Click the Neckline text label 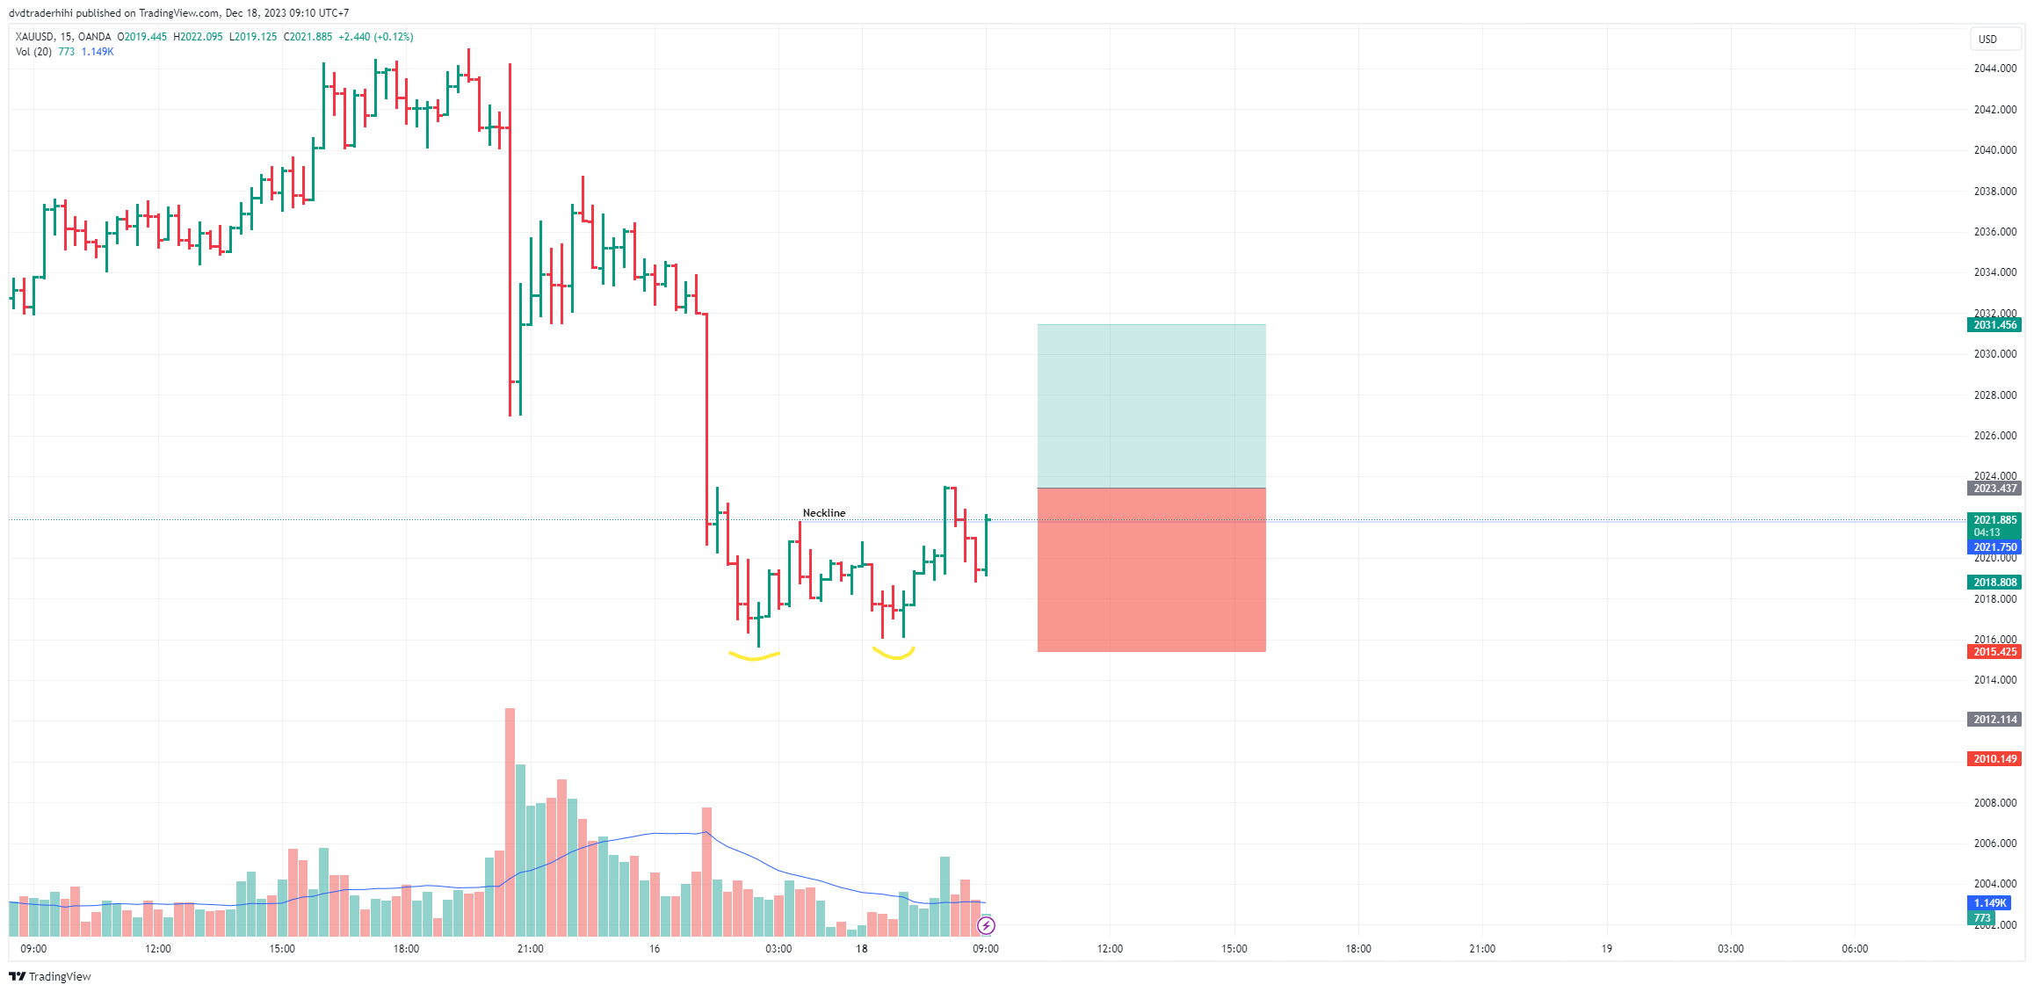(823, 513)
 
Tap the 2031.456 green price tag (1994, 325)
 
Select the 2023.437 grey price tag (1994, 489)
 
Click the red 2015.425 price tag (1994, 652)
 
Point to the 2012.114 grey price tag (1994, 720)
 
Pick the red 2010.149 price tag (1994, 759)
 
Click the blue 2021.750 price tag (1994, 547)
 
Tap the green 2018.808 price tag (1994, 583)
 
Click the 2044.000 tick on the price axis (1994, 69)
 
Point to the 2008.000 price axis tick (1994, 803)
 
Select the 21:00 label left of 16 (530, 949)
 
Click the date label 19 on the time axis (1606, 949)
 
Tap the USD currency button (1987, 40)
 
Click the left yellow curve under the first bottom (754, 656)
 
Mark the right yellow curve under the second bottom (894, 655)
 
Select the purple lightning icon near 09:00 (986, 925)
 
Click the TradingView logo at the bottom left (50, 976)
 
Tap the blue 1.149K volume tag (1989, 903)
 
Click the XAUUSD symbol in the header (34, 37)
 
